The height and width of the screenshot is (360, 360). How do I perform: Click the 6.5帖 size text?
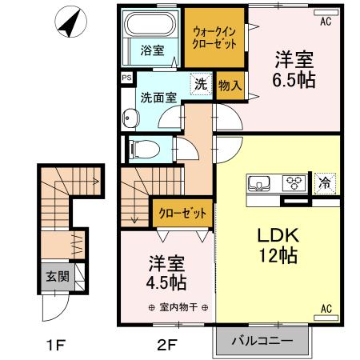tap(294, 80)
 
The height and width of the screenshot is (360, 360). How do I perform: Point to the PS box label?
tap(126, 78)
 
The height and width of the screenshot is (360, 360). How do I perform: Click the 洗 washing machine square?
tap(201, 82)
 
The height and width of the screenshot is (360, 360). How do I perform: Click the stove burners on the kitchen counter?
tap(295, 182)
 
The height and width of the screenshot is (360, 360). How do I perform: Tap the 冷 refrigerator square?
tap(325, 182)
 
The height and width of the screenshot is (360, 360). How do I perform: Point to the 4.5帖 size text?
tap(167, 282)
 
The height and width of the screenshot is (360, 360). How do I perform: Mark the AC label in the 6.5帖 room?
tap(326, 22)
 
